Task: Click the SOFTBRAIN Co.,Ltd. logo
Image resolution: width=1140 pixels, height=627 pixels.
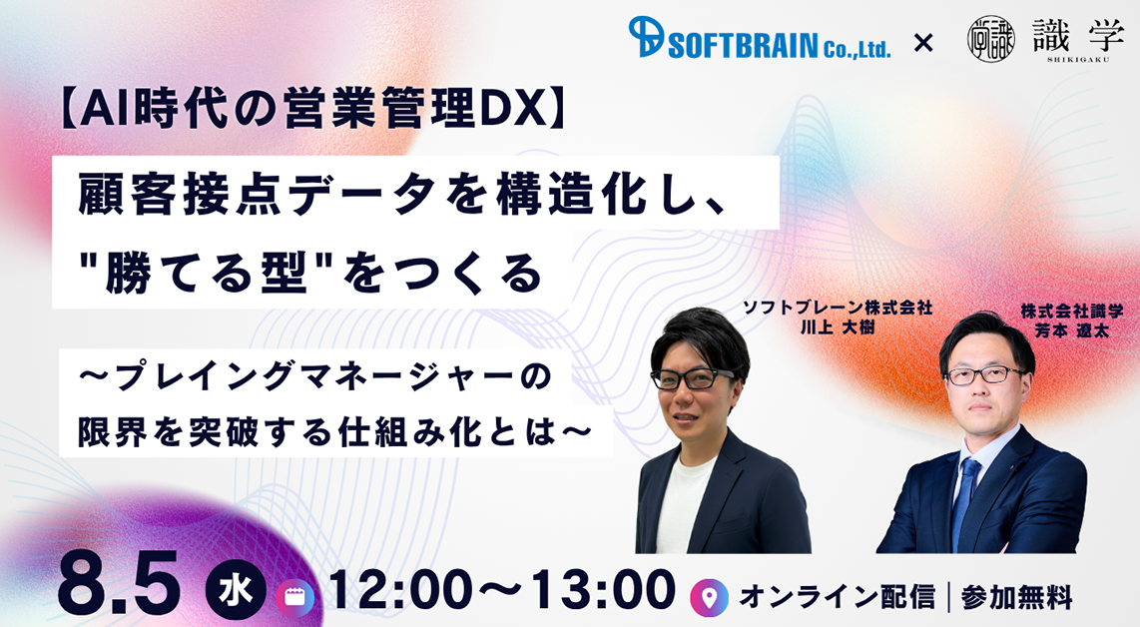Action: tap(759, 39)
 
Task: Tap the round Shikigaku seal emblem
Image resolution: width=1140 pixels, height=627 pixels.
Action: tap(990, 39)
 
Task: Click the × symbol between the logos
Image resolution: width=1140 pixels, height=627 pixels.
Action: tap(922, 43)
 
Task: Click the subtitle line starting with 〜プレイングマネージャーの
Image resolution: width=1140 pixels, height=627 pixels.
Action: tap(315, 377)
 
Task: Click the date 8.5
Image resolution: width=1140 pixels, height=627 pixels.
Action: tap(119, 583)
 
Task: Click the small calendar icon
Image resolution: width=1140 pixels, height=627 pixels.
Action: tap(294, 597)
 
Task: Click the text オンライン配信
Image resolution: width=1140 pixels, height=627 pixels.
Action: tap(837, 597)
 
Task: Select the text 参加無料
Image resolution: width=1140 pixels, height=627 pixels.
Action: tap(1016, 597)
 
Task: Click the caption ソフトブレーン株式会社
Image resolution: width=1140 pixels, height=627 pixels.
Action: tap(837, 308)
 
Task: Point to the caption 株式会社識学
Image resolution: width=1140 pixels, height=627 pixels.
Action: tap(1072, 312)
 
